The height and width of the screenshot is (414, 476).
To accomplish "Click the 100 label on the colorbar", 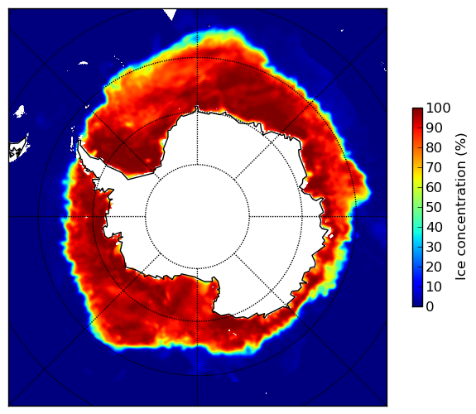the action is coord(438,108).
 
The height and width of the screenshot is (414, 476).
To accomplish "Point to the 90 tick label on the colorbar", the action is coord(434,128).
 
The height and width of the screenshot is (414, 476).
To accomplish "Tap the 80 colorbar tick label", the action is coord(434,147).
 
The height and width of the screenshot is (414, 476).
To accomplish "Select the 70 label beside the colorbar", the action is coord(434,167).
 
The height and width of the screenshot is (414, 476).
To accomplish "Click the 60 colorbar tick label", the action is coord(434,187).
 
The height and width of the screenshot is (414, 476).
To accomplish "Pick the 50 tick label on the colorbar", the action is coord(434,208).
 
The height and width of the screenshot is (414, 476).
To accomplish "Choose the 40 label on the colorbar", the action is coord(434,227).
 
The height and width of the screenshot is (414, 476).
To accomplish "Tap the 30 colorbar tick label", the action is coord(434,248).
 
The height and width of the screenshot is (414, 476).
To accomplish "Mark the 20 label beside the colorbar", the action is coord(434,267).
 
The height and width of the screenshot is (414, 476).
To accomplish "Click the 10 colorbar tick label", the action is coord(434,287).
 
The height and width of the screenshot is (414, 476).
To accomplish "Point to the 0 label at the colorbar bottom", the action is coord(430,307).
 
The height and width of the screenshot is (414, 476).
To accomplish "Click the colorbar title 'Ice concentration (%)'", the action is coord(461,207).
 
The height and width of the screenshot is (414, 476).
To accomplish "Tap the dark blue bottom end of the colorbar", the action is coord(417,306).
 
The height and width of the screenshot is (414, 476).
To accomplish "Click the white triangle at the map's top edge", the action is coord(170,13).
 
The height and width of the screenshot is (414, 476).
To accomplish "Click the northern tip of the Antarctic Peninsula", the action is coord(79,141).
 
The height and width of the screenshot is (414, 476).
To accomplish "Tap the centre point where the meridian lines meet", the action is coord(197,217).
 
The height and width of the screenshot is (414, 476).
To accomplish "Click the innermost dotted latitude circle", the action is coord(197,165).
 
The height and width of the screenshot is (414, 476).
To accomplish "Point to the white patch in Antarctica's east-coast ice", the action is coord(331,236).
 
